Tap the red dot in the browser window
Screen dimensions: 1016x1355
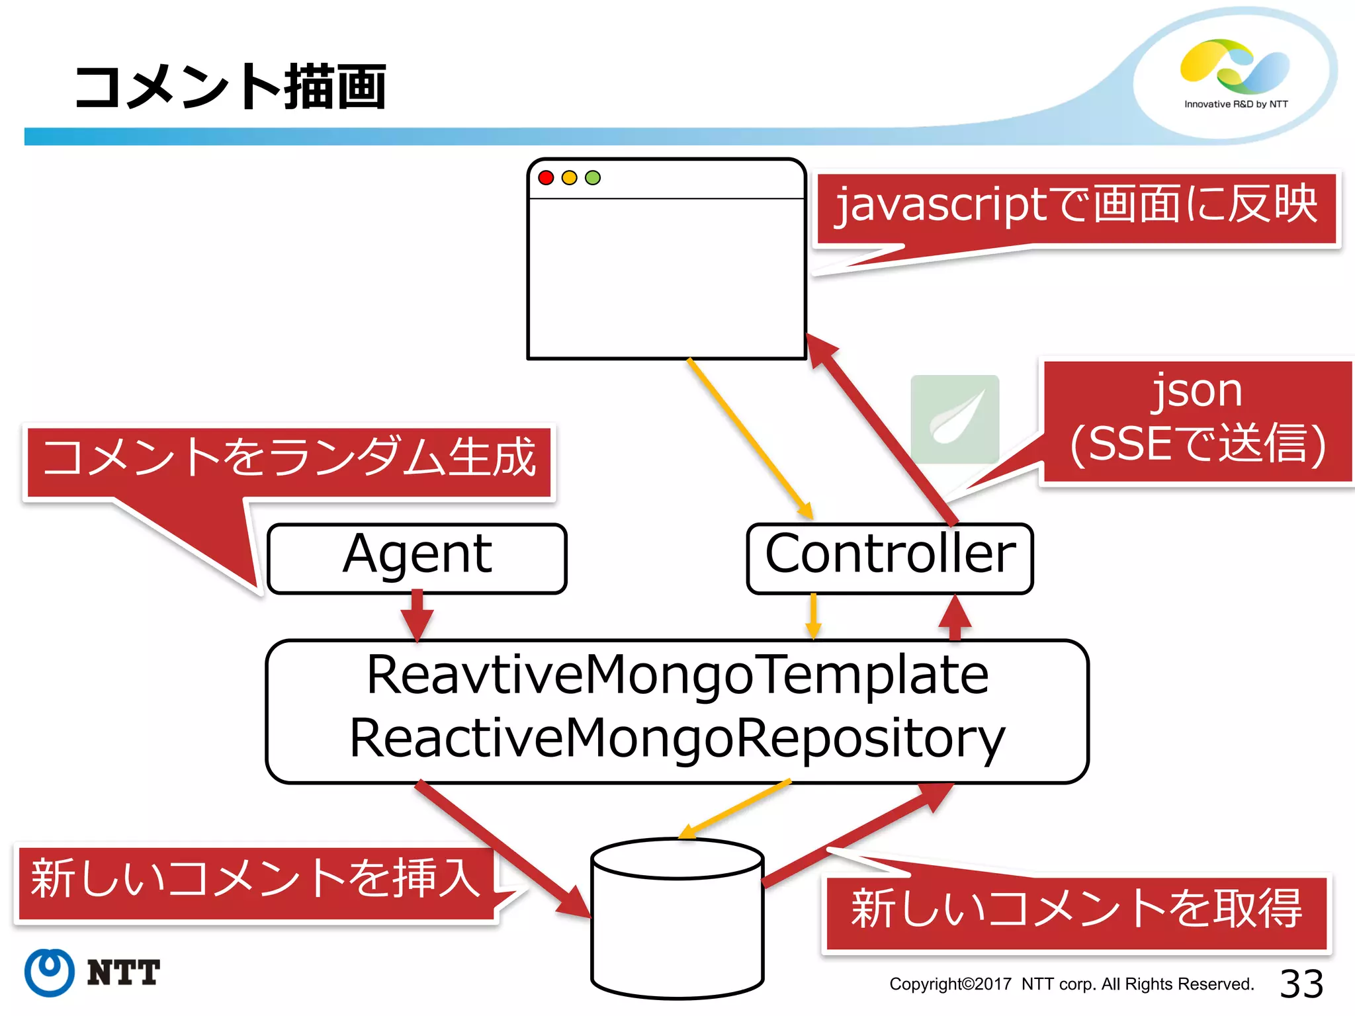(x=546, y=177)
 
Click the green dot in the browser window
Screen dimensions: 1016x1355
(x=593, y=177)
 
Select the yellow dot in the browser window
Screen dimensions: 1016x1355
(x=569, y=177)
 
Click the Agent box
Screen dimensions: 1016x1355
(x=417, y=558)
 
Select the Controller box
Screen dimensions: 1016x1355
(x=889, y=558)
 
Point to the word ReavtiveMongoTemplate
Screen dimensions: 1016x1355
(x=677, y=675)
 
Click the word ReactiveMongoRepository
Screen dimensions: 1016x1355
(x=677, y=738)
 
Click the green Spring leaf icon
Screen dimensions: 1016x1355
(x=954, y=419)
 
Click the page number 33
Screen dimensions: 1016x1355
(x=1301, y=984)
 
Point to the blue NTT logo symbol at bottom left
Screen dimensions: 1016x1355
(x=49, y=972)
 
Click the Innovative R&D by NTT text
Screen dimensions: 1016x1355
(x=1236, y=104)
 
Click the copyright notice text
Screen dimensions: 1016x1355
(x=1071, y=984)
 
